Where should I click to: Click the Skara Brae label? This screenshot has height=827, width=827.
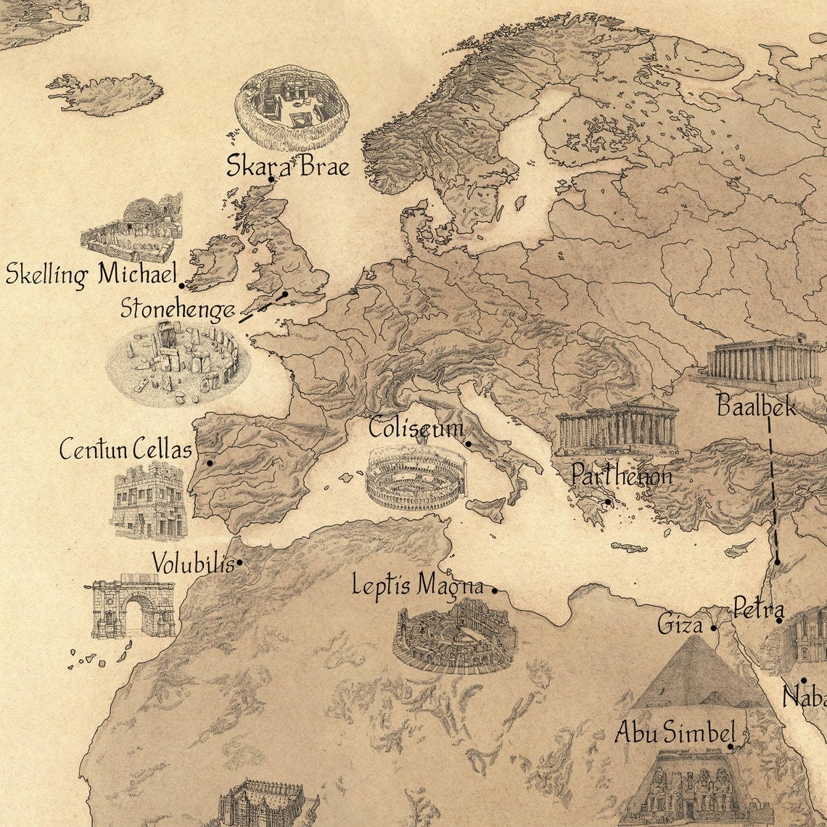click(287, 166)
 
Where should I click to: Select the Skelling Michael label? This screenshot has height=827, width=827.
click(91, 275)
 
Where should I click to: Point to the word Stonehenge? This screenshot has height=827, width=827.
click(177, 309)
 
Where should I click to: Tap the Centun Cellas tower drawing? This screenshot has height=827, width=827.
click(149, 501)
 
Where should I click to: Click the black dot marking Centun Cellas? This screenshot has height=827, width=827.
click(210, 463)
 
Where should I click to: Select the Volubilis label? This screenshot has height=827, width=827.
click(194, 564)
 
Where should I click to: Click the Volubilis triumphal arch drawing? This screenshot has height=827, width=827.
click(133, 606)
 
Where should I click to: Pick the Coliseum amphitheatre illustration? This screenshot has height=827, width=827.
click(416, 478)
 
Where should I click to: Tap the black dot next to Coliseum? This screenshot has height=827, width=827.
click(469, 444)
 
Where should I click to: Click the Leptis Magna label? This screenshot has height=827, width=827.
click(418, 585)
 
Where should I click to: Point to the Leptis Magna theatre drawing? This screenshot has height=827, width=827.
click(455, 637)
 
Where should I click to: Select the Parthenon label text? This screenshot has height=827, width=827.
click(621, 477)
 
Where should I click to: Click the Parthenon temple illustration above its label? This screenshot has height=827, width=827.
click(617, 427)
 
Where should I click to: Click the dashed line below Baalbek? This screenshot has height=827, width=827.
click(772, 493)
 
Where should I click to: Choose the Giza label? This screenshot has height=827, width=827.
click(680, 623)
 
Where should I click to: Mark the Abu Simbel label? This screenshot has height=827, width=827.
click(675, 733)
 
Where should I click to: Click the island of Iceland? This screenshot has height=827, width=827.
click(109, 94)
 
